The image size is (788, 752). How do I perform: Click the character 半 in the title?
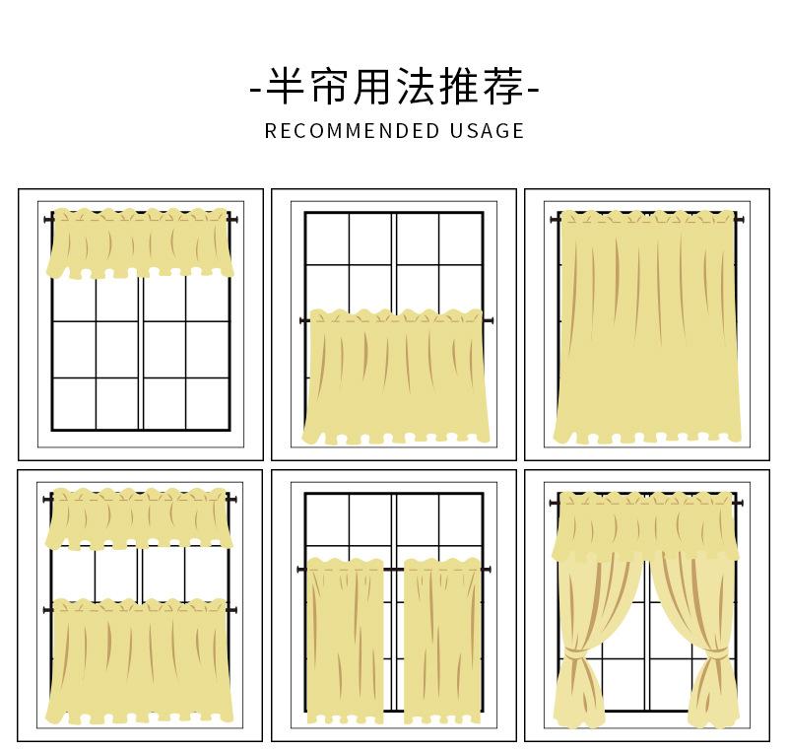tap(288, 89)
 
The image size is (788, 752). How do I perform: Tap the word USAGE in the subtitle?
tap(487, 130)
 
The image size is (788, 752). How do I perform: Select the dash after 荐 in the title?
tap(535, 91)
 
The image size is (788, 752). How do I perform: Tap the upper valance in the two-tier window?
tap(140, 517)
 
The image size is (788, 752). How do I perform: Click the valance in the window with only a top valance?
tap(140, 242)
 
